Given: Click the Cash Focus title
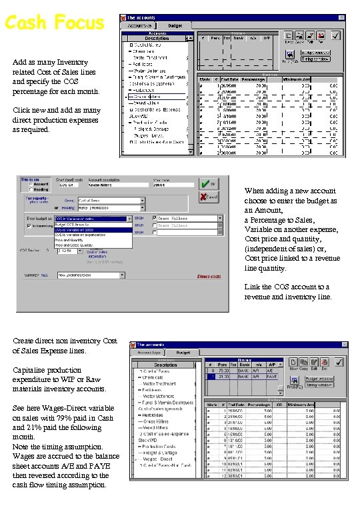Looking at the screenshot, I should point(54,23).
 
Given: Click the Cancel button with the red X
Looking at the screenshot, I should point(209,197).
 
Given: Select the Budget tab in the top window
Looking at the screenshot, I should point(175,25).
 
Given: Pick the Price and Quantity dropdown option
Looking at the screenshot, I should point(74,240).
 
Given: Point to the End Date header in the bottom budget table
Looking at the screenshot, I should point(235,405).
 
